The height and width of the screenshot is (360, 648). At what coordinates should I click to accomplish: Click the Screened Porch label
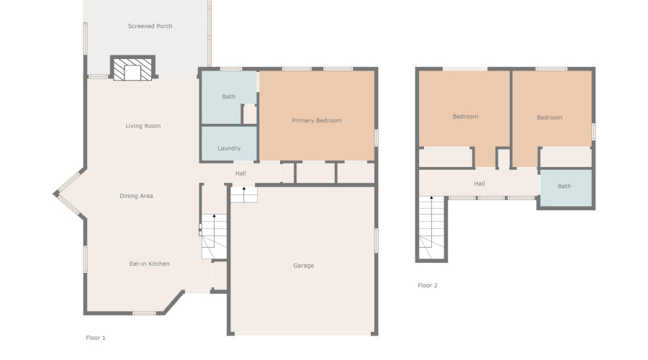[x=150, y=27]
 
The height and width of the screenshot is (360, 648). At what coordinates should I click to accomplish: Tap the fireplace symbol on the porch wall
[x=132, y=70]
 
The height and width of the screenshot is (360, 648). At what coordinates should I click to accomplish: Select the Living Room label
[x=143, y=126]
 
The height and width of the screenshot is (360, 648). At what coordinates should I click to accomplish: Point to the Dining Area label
[x=136, y=196]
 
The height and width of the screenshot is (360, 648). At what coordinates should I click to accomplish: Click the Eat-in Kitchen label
[x=149, y=264]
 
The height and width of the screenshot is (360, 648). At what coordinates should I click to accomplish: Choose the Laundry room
[x=228, y=148]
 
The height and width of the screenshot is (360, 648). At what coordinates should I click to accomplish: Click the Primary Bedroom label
[x=316, y=120]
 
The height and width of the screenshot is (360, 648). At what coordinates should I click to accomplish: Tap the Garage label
[x=303, y=266]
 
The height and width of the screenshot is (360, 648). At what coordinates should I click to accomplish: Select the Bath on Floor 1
[x=228, y=96]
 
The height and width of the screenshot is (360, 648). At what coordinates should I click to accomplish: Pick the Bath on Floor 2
[x=564, y=186]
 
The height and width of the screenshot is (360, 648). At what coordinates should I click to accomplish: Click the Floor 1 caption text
[x=96, y=338]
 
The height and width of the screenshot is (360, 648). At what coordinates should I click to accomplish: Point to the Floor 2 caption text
[x=428, y=286]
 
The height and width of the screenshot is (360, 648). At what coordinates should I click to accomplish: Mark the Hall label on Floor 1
[x=240, y=174]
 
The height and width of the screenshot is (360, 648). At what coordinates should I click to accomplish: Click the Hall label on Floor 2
[x=480, y=184]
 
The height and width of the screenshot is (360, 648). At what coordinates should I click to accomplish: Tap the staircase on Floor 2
[x=432, y=227]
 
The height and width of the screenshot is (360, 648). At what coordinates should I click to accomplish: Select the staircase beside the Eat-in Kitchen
[x=213, y=236]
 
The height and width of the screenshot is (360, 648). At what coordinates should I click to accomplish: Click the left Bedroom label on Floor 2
[x=465, y=117]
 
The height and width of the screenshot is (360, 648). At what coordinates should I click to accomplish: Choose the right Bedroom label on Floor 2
[x=549, y=117]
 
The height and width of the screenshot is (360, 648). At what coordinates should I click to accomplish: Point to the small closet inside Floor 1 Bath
[x=249, y=114]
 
